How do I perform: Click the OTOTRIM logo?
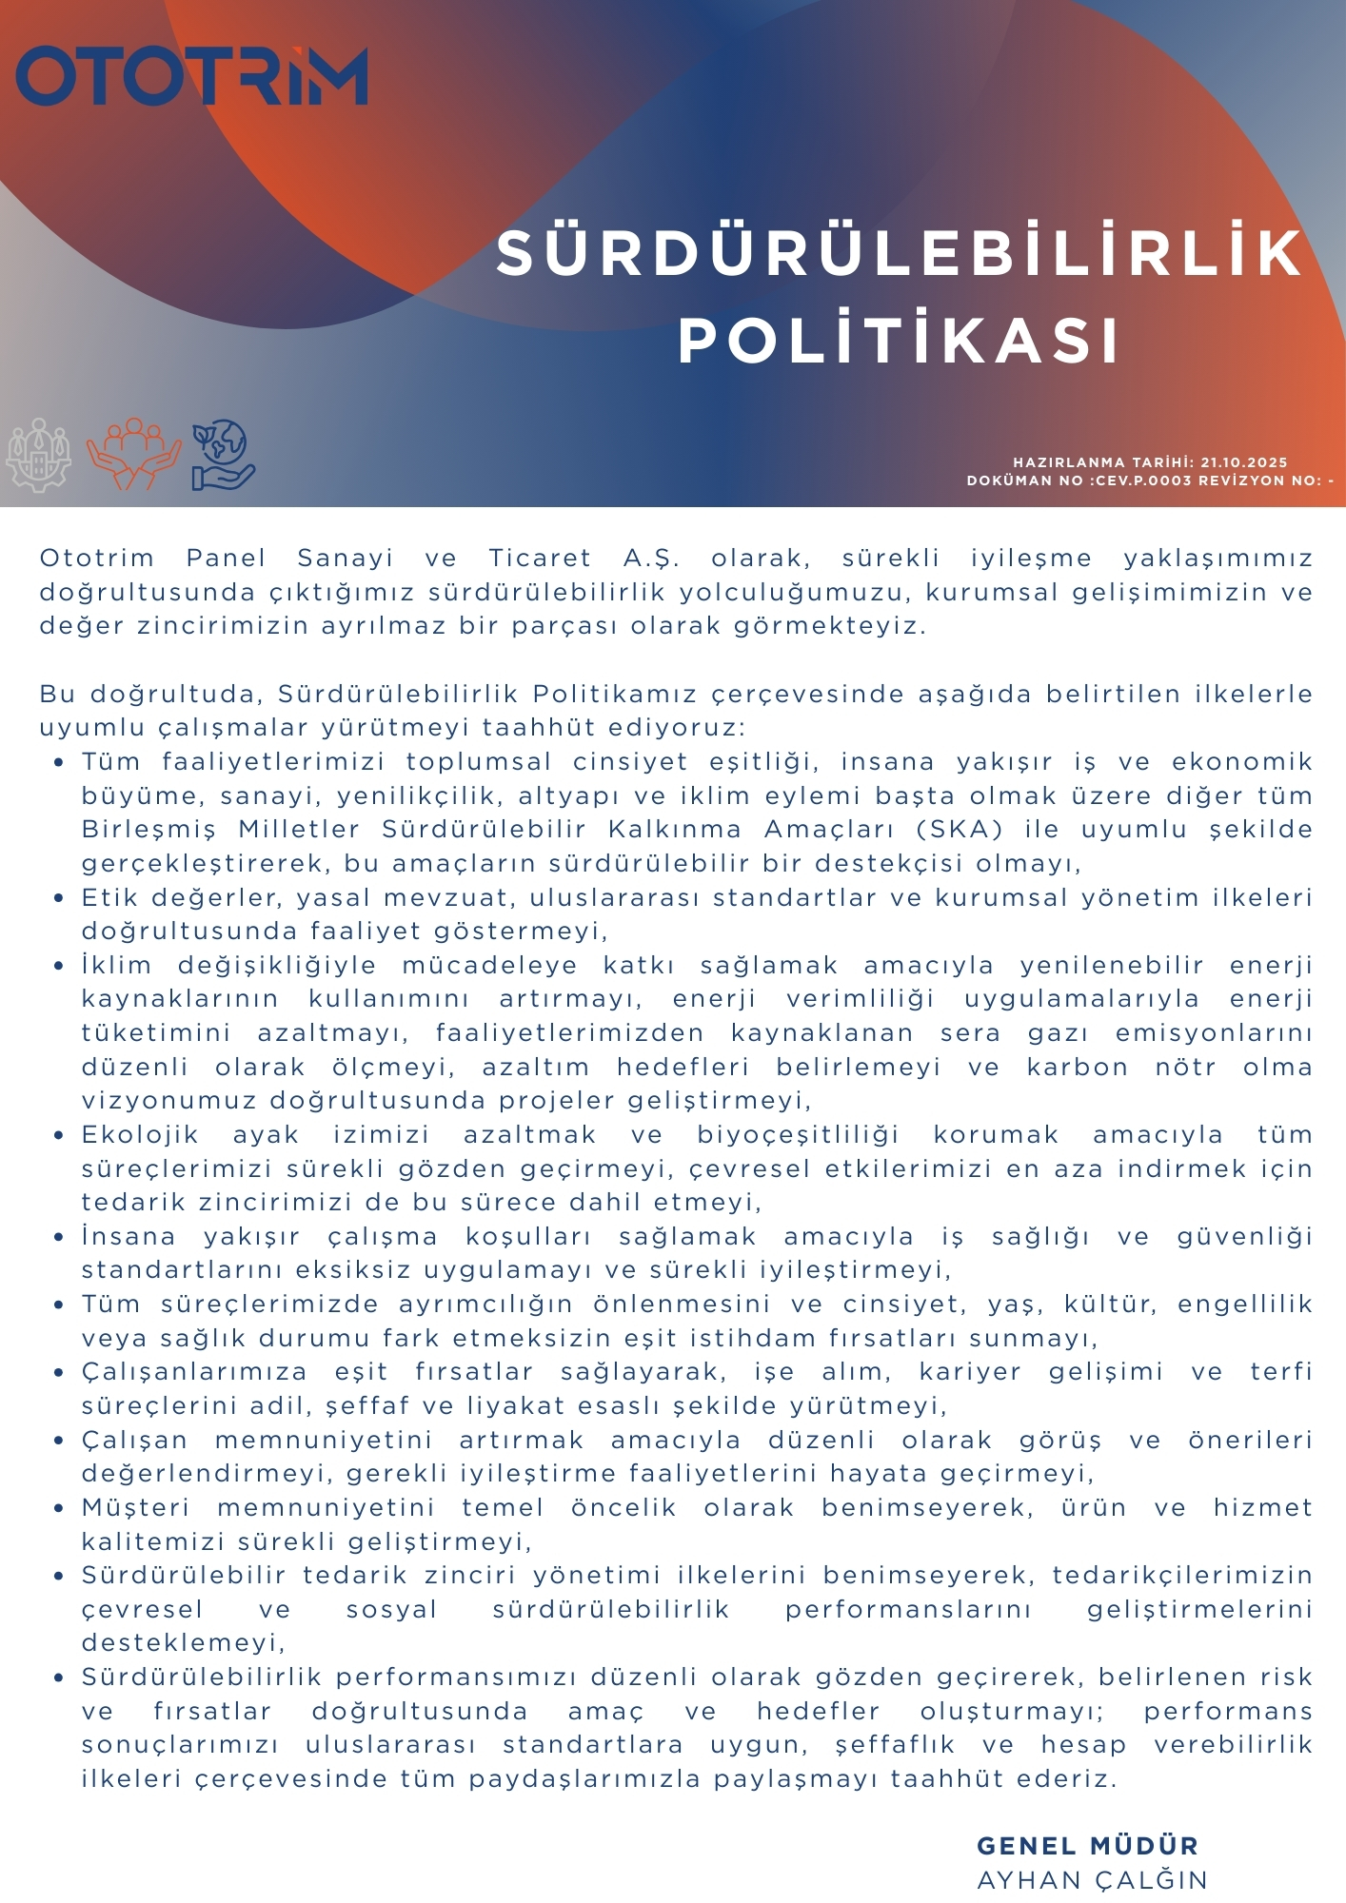191,75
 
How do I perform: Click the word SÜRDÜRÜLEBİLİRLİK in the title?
899,254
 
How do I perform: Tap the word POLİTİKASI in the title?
899,341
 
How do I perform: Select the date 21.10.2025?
1243,462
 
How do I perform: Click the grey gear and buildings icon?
39,455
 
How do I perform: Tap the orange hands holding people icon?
133,454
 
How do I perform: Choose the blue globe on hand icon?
222,455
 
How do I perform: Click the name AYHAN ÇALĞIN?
1092,1880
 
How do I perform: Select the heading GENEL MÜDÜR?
1087,1846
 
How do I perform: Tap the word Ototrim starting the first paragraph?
96,559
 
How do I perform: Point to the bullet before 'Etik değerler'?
59,898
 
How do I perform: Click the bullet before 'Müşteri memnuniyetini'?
59,1508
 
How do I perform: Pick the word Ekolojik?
140,1135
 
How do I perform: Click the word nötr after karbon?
1185,1068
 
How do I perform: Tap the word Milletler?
299,830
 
